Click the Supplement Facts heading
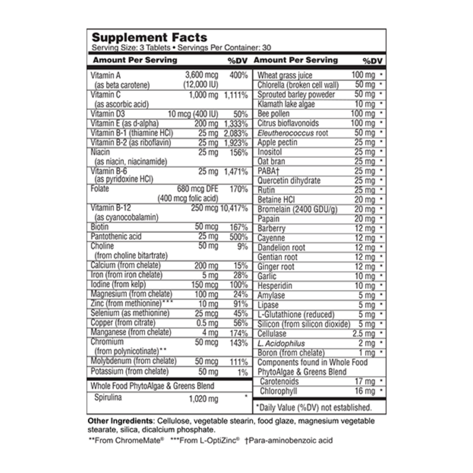tap(149, 37)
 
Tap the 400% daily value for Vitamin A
tap(238, 75)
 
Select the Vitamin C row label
tap(105, 95)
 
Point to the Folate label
tap(100, 189)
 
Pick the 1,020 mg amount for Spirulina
tap(203, 399)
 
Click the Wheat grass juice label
tap(284, 75)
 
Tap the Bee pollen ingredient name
tap(273, 114)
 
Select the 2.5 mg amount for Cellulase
tap(363, 334)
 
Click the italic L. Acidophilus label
tap(281, 343)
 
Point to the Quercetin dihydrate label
tap(289, 181)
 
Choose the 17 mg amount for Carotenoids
tap(365, 381)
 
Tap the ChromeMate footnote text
tap(126, 441)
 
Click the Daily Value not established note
tap(314, 408)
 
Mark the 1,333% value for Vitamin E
tap(236, 124)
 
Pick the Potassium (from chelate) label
tap(130, 372)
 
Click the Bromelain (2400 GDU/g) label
tap(297, 209)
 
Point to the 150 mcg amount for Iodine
tap(205, 285)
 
